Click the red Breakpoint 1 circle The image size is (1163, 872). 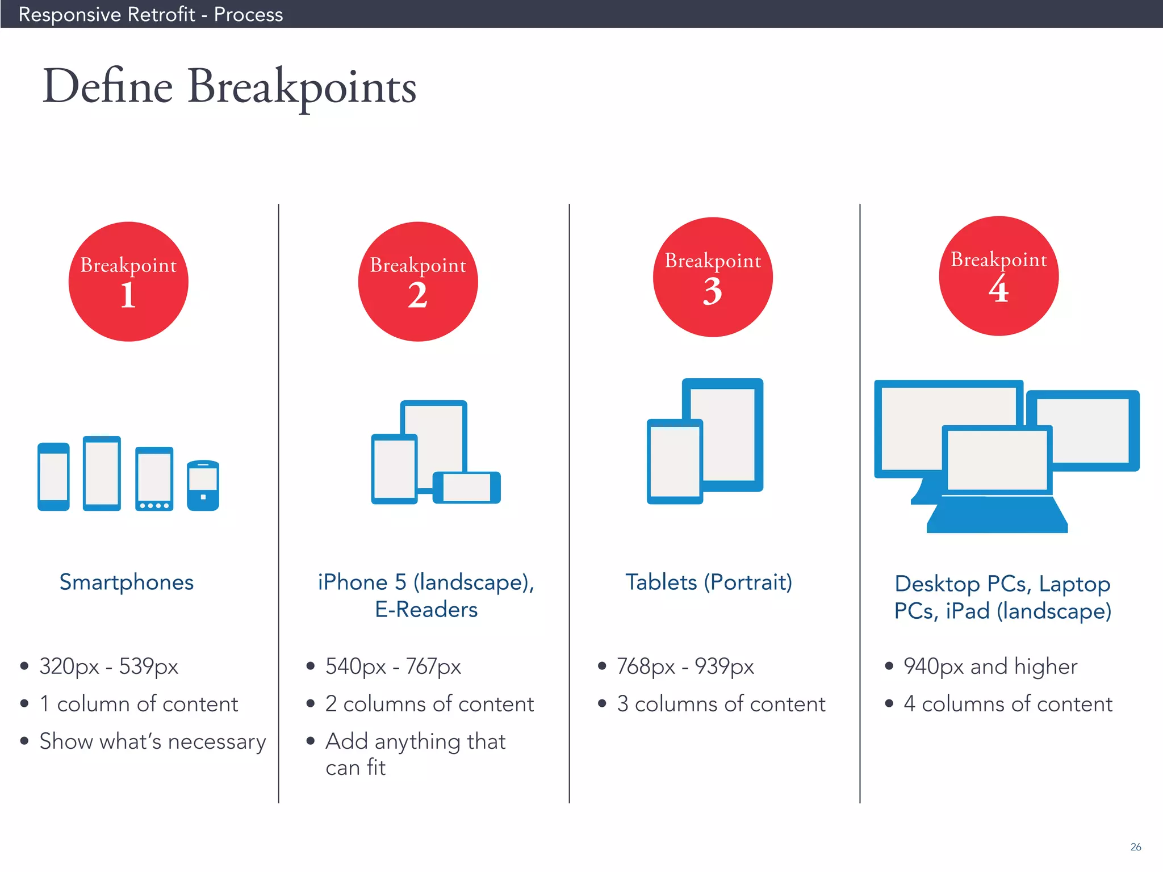click(128, 282)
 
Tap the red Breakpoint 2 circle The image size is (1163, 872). click(418, 282)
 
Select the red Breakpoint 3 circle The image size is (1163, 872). click(713, 277)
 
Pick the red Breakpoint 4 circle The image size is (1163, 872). click(999, 276)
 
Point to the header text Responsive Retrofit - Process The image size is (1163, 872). click(150, 14)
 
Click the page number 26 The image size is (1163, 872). click(1136, 846)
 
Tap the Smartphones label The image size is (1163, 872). click(127, 582)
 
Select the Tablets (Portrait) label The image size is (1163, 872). click(709, 582)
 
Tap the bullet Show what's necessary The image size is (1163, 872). click(152, 741)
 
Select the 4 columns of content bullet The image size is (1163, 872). click(1007, 704)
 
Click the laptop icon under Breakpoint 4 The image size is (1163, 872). click(997, 483)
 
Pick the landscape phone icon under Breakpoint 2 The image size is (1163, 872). click(467, 488)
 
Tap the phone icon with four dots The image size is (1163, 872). click(154, 479)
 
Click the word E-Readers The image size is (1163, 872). click(426, 610)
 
